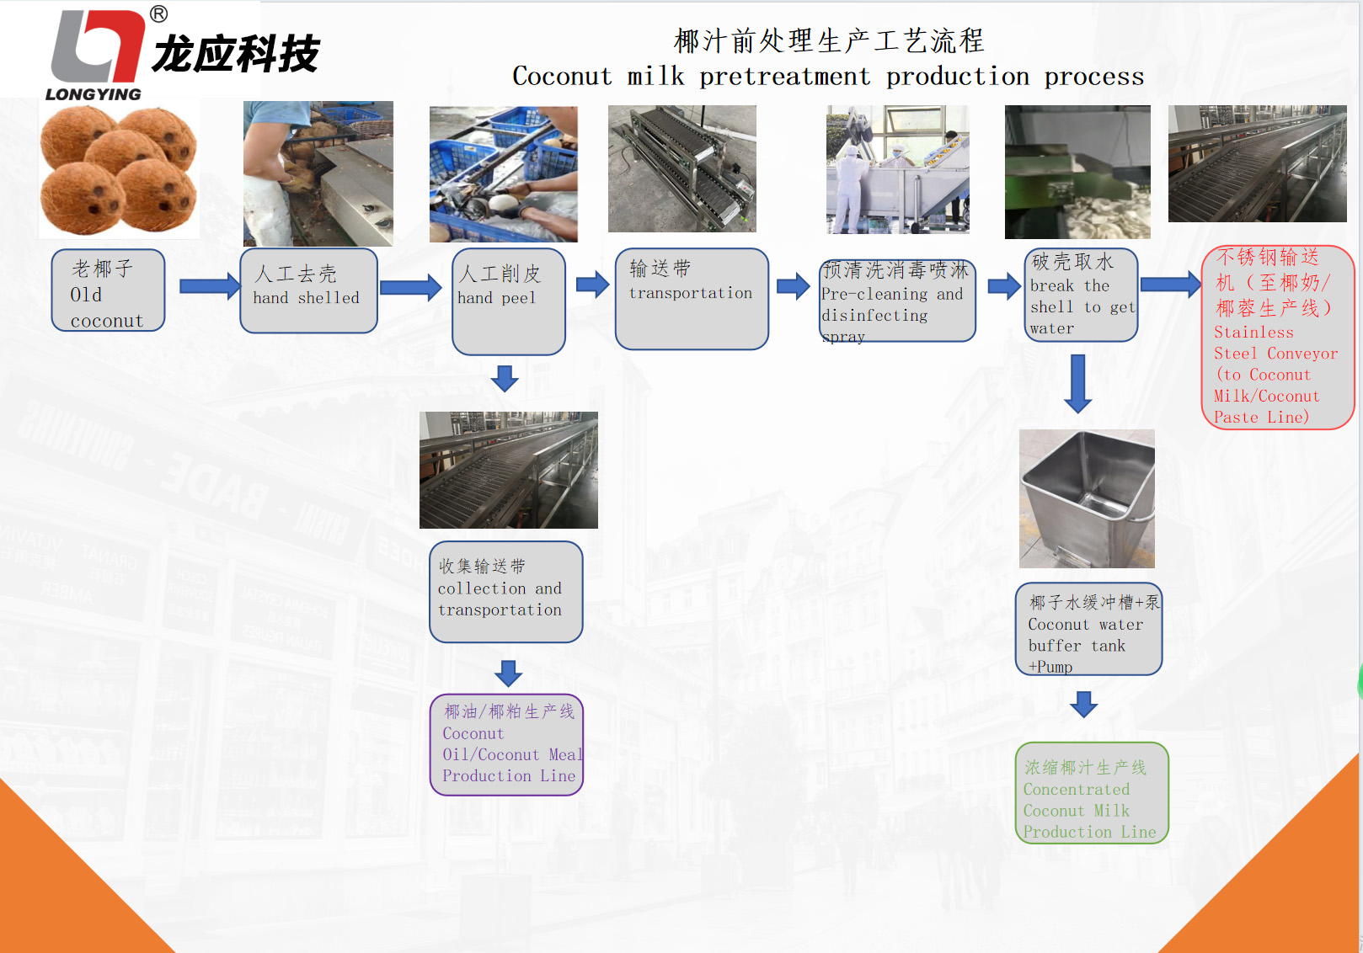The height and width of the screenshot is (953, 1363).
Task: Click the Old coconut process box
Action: [108, 290]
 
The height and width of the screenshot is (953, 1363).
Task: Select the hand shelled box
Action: [308, 290]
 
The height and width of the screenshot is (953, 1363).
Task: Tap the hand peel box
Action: [508, 301]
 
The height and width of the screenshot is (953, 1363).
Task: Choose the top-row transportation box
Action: [692, 299]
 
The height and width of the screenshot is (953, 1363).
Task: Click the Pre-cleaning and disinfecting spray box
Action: [897, 301]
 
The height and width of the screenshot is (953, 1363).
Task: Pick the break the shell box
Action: [1081, 295]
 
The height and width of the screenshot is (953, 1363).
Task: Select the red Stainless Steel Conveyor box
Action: [1277, 337]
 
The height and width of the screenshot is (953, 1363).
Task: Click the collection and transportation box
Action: [505, 592]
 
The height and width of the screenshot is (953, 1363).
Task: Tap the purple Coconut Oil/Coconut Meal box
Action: [506, 745]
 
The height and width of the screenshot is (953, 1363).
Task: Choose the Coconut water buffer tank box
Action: [1088, 629]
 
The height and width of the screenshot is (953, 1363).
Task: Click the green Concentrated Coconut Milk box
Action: [1091, 793]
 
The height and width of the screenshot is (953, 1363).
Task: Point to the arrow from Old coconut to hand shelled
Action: [210, 286]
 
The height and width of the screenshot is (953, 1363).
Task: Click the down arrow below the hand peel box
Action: [505, 378]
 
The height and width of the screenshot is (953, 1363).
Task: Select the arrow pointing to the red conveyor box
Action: [1170, 285]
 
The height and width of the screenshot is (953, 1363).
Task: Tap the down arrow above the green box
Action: [1083, 704]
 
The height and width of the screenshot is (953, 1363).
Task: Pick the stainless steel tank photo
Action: [1087, 498]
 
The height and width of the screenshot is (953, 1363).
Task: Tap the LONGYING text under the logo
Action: [94, 94]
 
